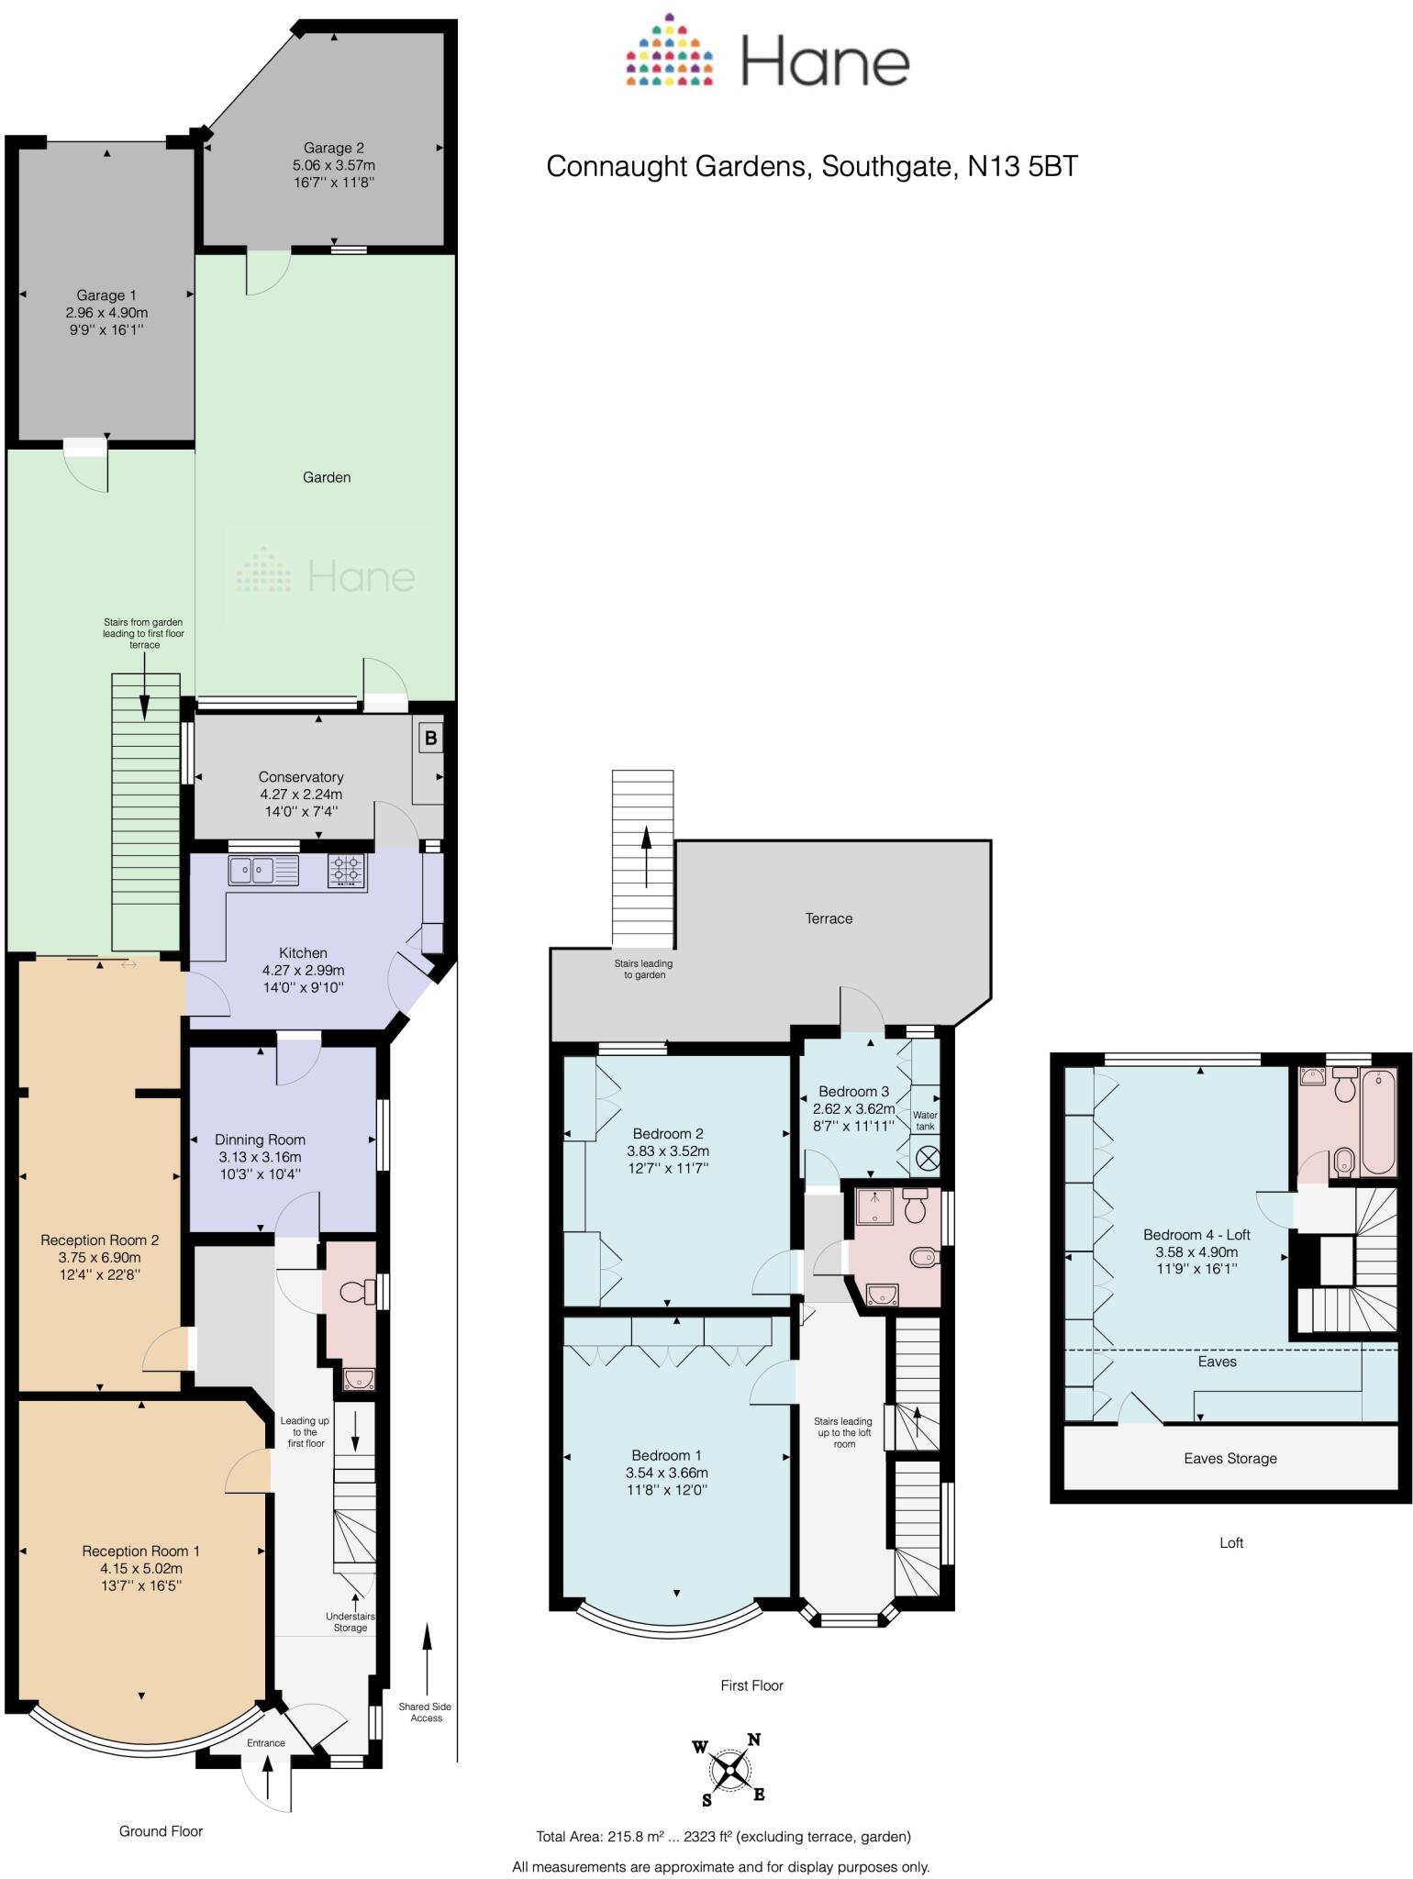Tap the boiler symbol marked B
pyautogui.click(x=430, y=738)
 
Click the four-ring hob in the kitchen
pyautogui.click(x=347, y=870)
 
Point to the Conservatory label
pyautogui.click(x=301, y=777)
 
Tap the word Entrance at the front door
pyautogui.click(x=266, y=1743)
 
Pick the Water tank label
pyautogui.click(x=925, y=1120)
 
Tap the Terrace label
pyautogui.click(x=829, y=918)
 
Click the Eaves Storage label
pyautogui.click(x=1230, y=1458)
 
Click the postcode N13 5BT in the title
pyautogui.click(x=1023, y=166)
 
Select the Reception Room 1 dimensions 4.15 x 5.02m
pyautogui.click(x=141, y=1568)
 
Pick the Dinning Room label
pyautogui.click(x=260, y=1140)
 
